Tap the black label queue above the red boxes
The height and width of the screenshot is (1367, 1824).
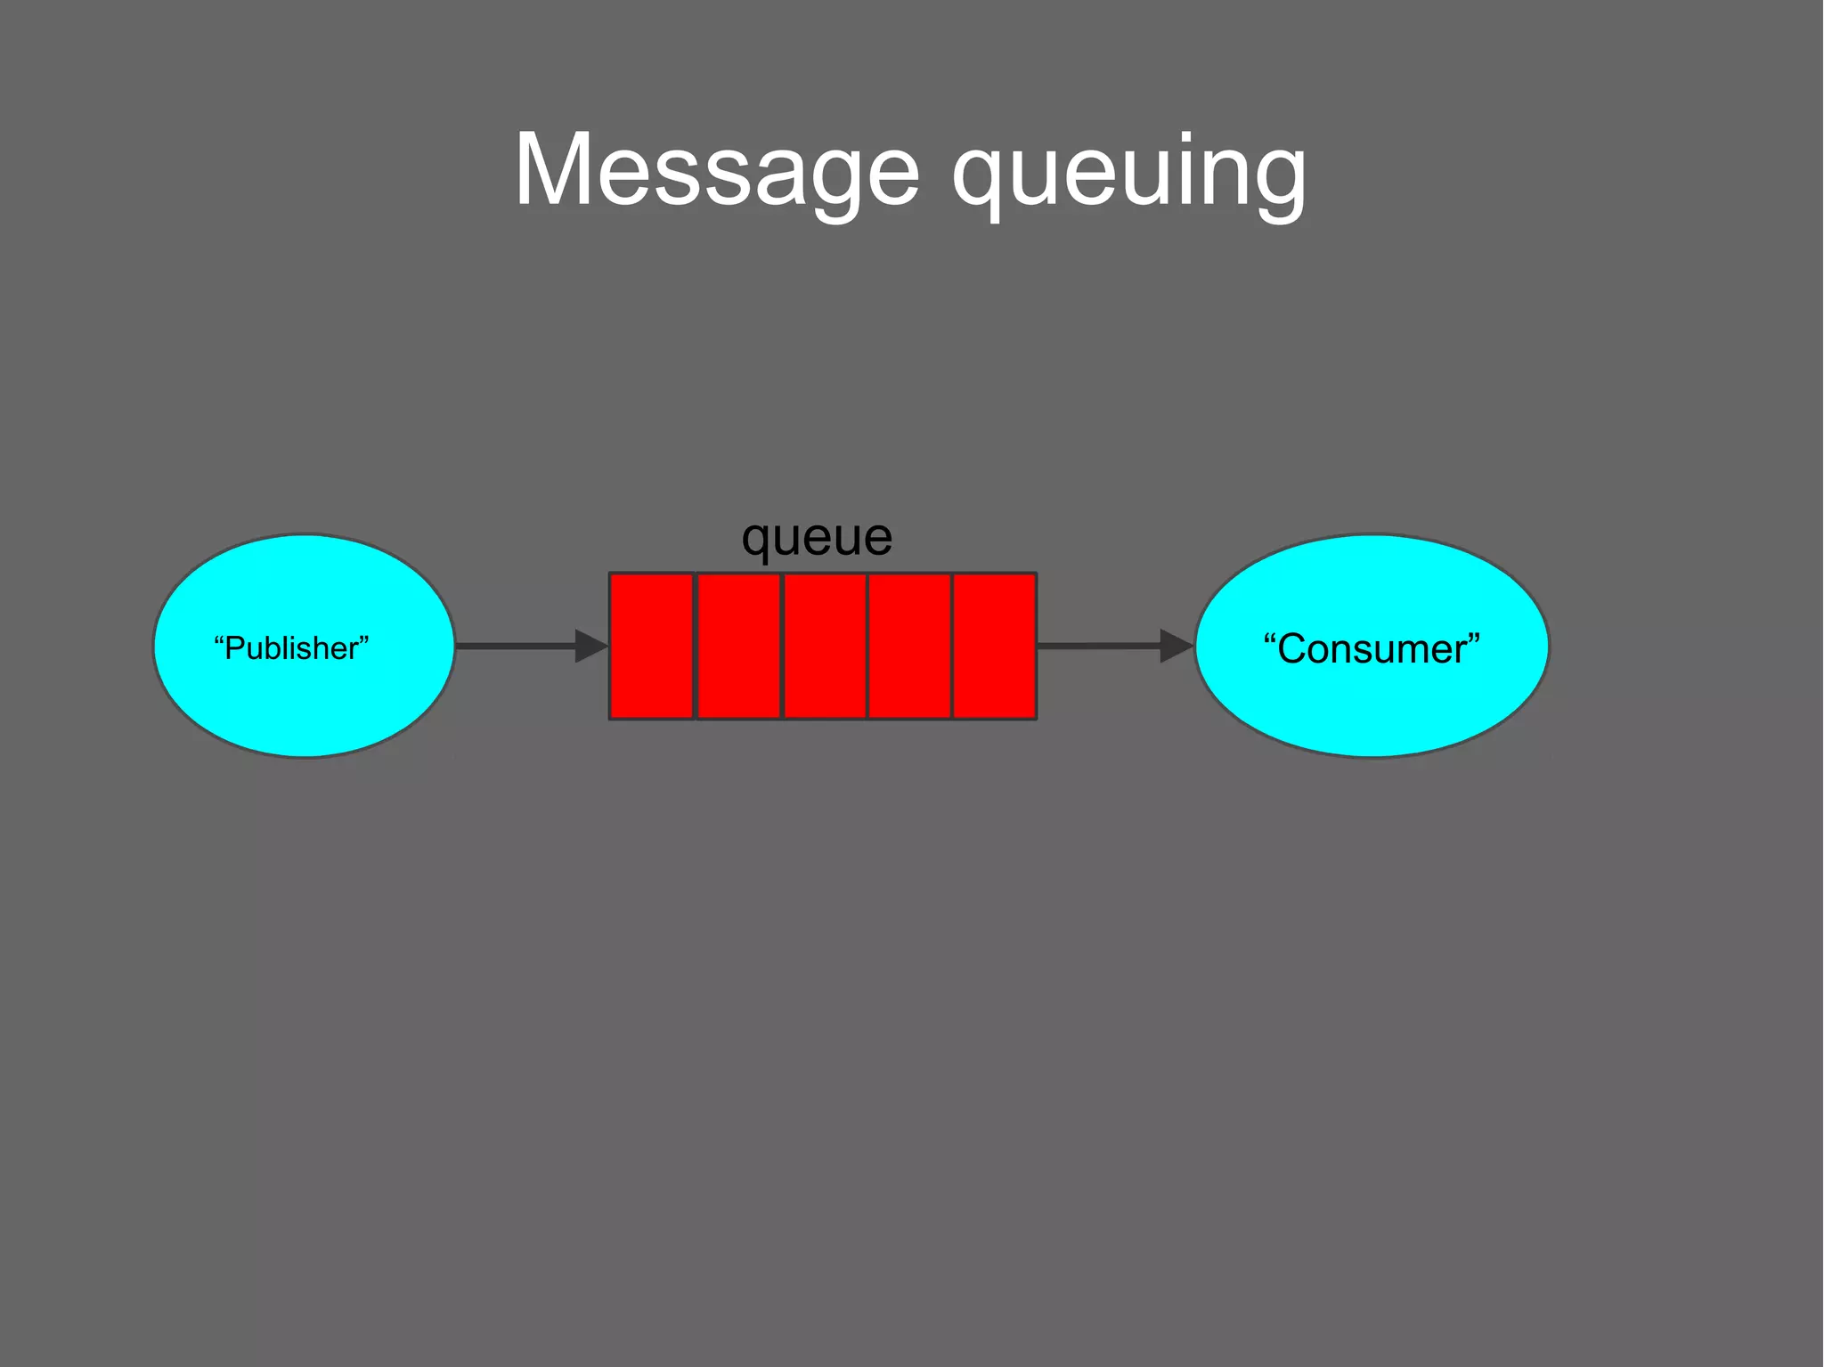point(817,538)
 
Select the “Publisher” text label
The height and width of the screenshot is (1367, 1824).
point(291,648)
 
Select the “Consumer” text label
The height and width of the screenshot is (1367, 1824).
point(1372,648)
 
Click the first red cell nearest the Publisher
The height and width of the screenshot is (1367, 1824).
point(651,646)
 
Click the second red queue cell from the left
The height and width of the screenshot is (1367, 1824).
point(738,646)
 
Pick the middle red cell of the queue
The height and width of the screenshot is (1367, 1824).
point(825,646)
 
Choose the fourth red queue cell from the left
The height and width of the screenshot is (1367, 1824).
point(909,646)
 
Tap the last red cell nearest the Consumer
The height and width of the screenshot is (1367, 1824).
point(995,646)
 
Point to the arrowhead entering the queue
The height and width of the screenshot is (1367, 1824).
point(590,646)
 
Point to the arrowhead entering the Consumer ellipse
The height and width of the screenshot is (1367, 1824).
point(1176,646)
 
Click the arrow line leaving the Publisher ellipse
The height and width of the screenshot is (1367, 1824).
point(515,646)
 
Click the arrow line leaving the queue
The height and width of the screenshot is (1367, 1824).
point(1097,646)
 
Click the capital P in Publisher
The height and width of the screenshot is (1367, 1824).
point(235,648)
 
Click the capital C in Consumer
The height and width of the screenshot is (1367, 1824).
point(1293,648)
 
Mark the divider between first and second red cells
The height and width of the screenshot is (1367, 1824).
point(695,646)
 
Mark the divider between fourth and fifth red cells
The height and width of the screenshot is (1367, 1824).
point(952,646)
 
